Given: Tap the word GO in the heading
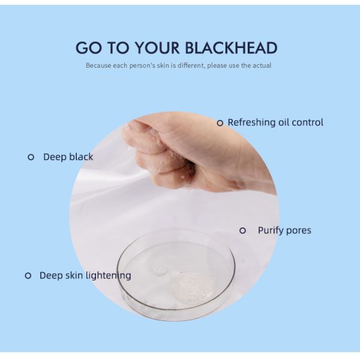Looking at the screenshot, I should [x=88, y=48].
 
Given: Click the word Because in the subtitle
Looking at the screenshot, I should [x=98, y=65].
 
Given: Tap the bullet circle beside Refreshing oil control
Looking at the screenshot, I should [x=220, y=123].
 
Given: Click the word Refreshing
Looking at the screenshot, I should [x=251, y=122].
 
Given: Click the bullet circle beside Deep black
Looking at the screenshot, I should [x=31, y=157].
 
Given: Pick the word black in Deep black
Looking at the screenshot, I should [x=80, y=157].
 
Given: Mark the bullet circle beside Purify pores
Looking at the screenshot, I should [x=242, y=230].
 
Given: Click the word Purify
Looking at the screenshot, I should [x=271, y=230].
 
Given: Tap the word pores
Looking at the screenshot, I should [x=299, y=231].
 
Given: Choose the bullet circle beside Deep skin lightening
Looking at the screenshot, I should [x=28, y=275].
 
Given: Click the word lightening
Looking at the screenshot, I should [x=107, y=275].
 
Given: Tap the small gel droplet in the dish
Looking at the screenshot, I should [x=160, y=271].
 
